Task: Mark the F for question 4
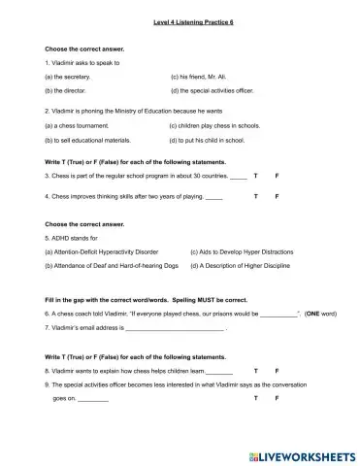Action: point(278,196)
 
